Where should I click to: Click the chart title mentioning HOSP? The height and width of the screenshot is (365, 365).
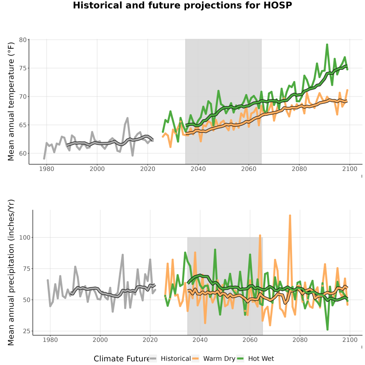point(182,5)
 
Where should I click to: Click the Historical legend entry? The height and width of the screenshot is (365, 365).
point(170,359)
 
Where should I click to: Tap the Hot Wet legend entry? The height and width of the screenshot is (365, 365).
point(255,359)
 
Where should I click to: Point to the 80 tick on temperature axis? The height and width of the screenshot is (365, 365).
point(23,40)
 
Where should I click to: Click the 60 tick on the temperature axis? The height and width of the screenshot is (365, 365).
point(23,153)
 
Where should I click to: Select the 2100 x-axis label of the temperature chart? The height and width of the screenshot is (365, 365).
point(350,169)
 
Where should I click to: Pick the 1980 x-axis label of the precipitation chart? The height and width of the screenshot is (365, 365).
point(50,340)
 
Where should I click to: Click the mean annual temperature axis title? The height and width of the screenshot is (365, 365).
point(11,102)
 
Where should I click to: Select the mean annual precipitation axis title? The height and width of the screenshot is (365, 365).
point(11,273)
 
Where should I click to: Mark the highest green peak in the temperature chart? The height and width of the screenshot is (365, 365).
point(327,44)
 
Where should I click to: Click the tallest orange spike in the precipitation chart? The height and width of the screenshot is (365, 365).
point(290,215)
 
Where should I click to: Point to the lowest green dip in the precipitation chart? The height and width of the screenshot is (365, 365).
point(328,330)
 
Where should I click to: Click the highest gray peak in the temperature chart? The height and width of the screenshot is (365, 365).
point(128,118)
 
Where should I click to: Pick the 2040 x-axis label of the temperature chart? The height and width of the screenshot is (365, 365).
point(198,169)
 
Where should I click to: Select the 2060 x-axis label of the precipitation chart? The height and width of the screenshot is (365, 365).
point(250,340)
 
